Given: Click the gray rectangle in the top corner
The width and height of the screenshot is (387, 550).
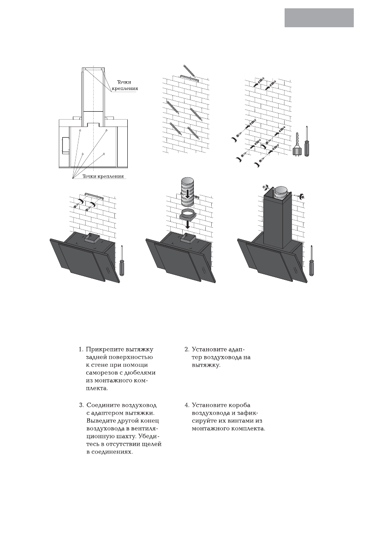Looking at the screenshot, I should pyautogui.click(x=319, y=18).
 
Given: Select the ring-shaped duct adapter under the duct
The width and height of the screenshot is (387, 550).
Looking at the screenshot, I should pyautogui.click(x=188, y=215).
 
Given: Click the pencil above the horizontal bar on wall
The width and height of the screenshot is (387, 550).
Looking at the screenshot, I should pyautogui.click(x=189, y=70).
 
